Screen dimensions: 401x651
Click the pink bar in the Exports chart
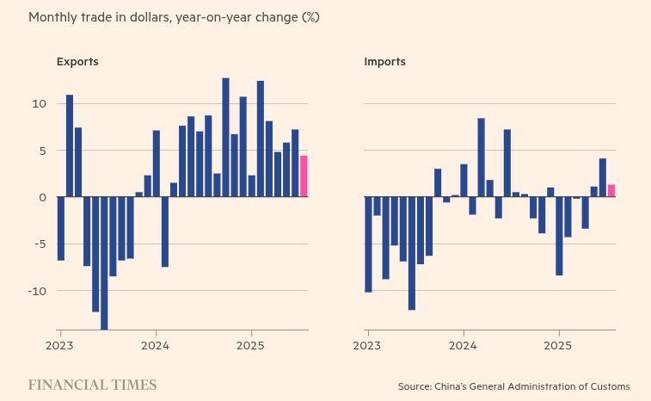[x=304, y=176]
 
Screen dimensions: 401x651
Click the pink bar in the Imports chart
[x=611, y=191]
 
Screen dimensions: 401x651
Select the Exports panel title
[x=77, y=62]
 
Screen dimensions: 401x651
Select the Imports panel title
[x=384, y=62]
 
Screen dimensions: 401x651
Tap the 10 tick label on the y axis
[x=39, y=104]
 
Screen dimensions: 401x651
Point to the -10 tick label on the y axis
[x=37, y=291]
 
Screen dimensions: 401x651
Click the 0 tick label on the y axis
[x=41, y=197]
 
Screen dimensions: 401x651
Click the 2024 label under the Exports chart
[x=156, y=344]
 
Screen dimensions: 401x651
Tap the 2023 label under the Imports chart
[x=368, y=344]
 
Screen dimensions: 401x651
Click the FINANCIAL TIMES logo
[x=92, y=386]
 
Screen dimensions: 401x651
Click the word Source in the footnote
[x=416, y=386]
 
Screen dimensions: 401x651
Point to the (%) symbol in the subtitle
[x=310, y=17]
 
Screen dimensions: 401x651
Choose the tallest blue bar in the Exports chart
[x=225, y=138]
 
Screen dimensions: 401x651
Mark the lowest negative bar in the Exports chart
[x=104, y=262]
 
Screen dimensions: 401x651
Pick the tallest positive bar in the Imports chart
[x=481, y=157]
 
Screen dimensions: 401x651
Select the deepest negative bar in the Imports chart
[x=412, y=253]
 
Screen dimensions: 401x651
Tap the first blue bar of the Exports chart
[x=61, y=228]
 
